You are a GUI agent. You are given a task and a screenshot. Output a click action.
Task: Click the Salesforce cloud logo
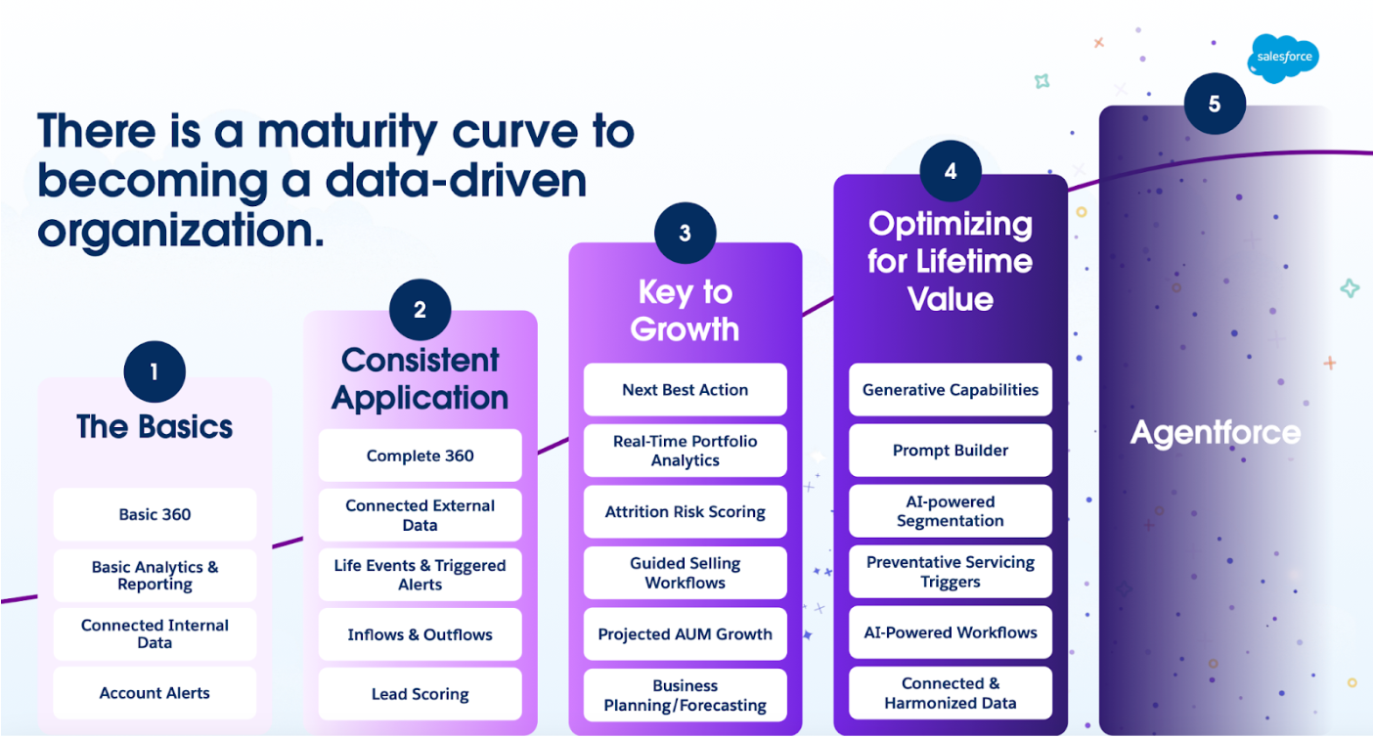[x=1283, y=58]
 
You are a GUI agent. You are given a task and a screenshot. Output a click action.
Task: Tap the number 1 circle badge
[x=155, y=371]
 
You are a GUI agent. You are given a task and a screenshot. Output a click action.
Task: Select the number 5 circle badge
[x=1215, y=104]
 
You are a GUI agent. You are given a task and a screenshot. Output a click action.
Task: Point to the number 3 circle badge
[x=685, y=233]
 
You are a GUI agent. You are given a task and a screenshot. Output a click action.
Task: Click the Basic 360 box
[x=155, y=514]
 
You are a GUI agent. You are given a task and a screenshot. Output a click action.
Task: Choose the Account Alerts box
[x=155, y=693]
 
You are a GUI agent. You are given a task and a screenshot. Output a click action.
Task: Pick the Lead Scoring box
[x=420, y=694]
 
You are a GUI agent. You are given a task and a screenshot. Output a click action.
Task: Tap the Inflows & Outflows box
[x=420, y=634]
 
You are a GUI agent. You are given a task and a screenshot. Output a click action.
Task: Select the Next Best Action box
[x=685, y=389]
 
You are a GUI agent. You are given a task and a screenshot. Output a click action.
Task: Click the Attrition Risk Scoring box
[x=685, y=512]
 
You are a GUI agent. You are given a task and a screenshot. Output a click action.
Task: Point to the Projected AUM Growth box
[x=685, y=633]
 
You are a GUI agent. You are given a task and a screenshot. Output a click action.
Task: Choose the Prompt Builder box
[x=950, y=450]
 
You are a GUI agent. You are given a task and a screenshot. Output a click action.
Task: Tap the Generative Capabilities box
[x=950, y=389]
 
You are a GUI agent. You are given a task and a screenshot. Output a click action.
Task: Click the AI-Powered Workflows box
[x=950, y=632]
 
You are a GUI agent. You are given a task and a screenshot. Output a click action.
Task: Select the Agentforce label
[x=1215, y=432]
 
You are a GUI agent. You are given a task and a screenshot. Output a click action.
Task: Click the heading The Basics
[x=155, y=426]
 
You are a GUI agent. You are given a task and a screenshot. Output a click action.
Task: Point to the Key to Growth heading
[x=685, y=310]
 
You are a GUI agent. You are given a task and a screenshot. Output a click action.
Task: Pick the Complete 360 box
[x=420, y=456]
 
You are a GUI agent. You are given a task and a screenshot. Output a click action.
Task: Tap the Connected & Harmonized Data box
[x=950, y=693]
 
